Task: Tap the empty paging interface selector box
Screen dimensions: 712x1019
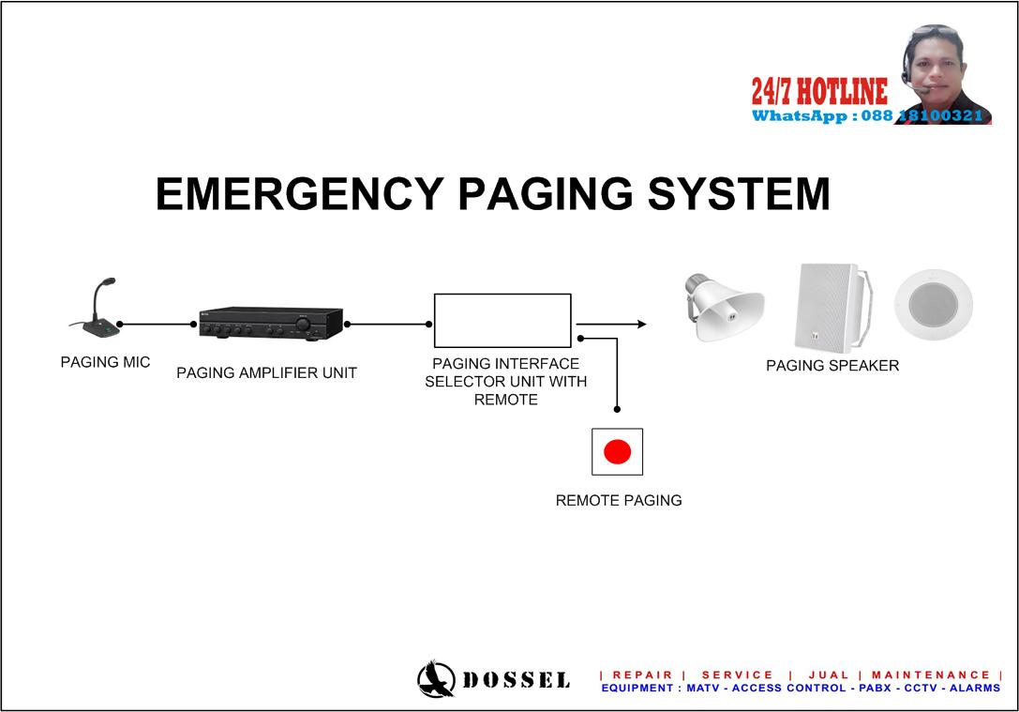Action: coord(502,321)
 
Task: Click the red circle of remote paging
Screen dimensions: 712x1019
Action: coord(617,452)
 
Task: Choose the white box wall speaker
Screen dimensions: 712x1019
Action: coord(831,306)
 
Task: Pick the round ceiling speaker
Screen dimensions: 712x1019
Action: coord(933,306)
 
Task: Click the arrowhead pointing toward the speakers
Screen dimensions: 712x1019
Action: coord(641,325)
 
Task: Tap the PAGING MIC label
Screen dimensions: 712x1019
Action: coord(105,363)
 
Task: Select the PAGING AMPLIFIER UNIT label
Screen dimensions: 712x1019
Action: coord(266,373)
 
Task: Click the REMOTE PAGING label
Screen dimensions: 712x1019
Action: coord(619,501)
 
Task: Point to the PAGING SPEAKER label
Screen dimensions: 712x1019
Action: coord(832,367)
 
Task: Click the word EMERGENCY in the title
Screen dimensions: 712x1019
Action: coord(298,194)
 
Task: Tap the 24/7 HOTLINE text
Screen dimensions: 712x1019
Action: coord(818,92)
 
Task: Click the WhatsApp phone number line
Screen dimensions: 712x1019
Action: coord(867,116)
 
